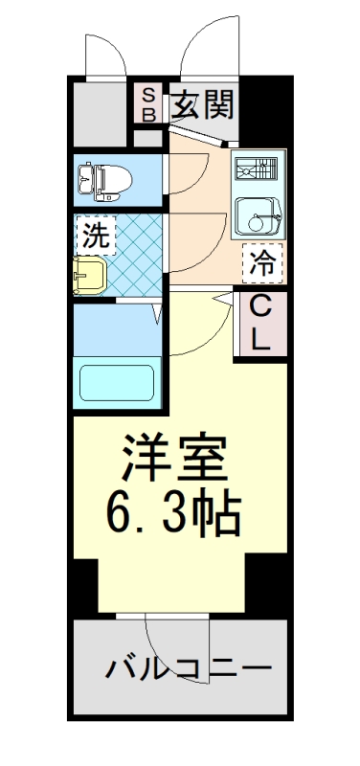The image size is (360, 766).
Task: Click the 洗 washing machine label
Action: (94, 234)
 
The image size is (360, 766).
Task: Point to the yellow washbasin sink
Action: (92, 275)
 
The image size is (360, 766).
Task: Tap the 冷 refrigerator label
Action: (261, 263)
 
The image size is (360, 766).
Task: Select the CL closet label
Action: (261, 322)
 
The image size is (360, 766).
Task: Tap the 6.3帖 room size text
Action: (173, 515)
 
